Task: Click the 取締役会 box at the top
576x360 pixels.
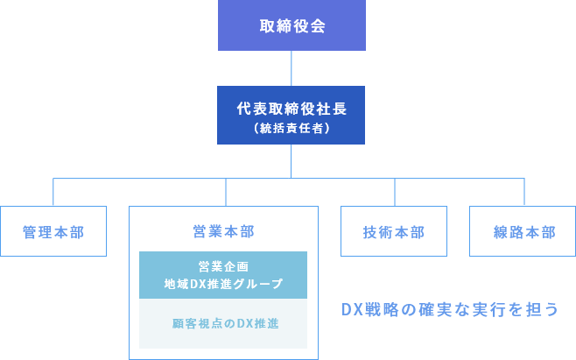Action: coord(292,25)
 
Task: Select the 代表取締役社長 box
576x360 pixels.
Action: coord(292,116)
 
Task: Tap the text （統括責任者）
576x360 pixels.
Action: coord(292,128)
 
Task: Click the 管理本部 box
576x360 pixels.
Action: coord(53,232)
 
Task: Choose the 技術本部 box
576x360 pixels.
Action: coord(394,232)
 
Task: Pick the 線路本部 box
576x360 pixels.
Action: coord(523,232)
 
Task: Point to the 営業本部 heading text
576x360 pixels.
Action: coord(223,231)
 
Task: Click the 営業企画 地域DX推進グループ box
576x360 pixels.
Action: coord(223,275)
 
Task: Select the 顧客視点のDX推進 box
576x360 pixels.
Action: coord(223,324)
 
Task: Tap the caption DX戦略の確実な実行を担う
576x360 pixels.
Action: coord(449,310)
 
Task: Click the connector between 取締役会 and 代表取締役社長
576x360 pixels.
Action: coord(292,67)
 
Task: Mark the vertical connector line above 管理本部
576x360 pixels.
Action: coord(53,193)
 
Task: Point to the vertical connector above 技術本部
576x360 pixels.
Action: coord(394,193)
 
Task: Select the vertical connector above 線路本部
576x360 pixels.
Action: coord(523,193)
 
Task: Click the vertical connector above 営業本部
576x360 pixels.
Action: coord(226,193)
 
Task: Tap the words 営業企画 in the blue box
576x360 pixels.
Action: coord(223,266)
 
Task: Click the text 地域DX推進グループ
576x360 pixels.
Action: coord(223,284)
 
